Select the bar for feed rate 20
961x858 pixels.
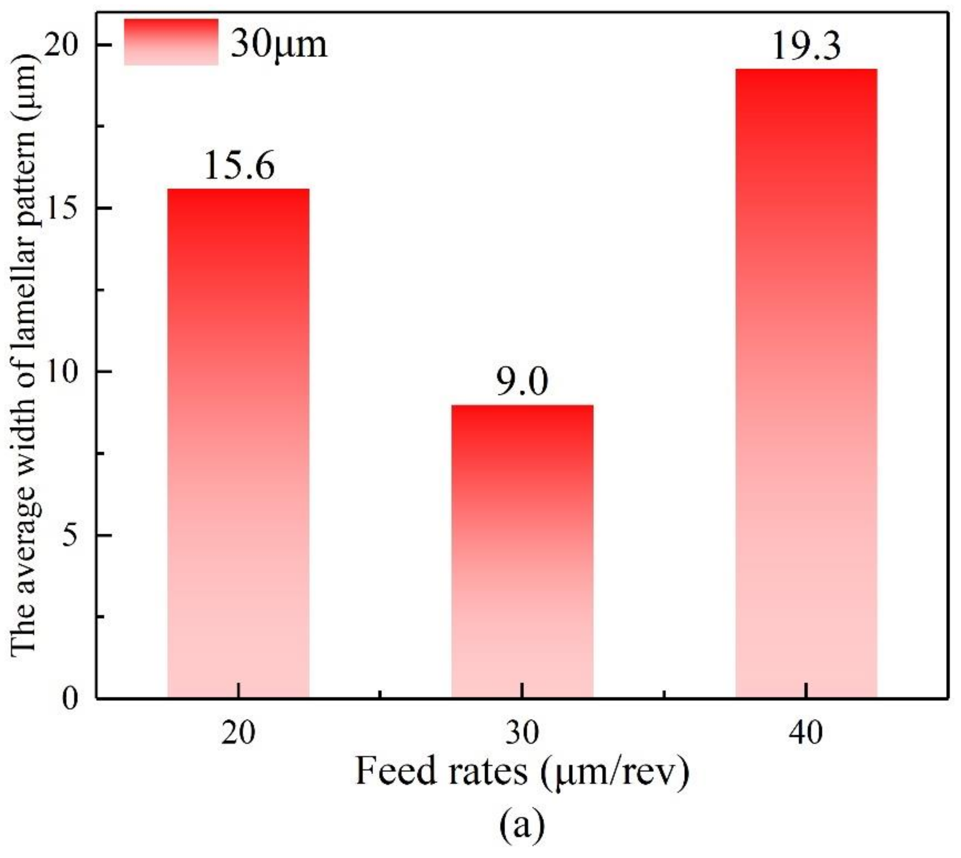click(x=238, y=443)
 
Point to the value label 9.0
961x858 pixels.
click(x=522, y=382)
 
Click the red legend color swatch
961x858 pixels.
click(x=171, y=42)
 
